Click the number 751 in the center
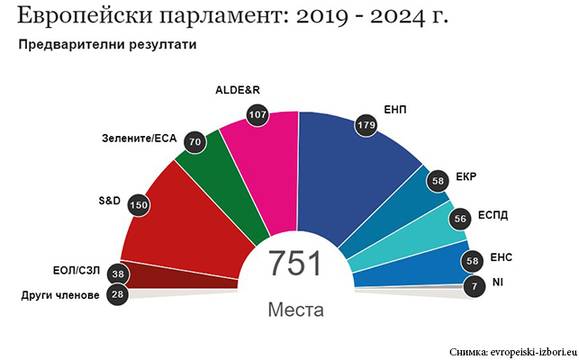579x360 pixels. pyautogui.click(x=294, y=264)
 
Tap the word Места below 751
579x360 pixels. pyautogui.click(x=295, y=310)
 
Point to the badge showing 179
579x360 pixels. pyautogui.click(x=364, y=125)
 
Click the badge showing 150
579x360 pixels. pyautogui.click(x=139, y=204)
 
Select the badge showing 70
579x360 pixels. pyautogui.click(x=195, y=142)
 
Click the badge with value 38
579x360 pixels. pyautogui.click(x=118, y=273)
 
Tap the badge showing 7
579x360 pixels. pyautogui.click(x=471, y=286)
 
